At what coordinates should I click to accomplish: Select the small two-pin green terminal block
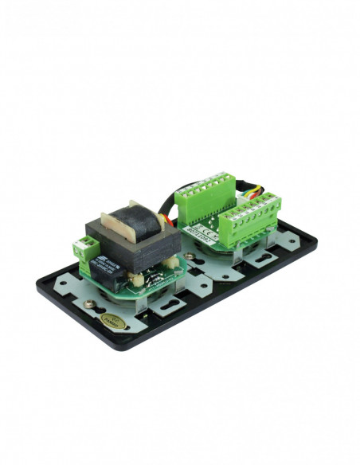tap(82, 248)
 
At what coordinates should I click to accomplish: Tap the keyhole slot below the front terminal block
tap(259, 259)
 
